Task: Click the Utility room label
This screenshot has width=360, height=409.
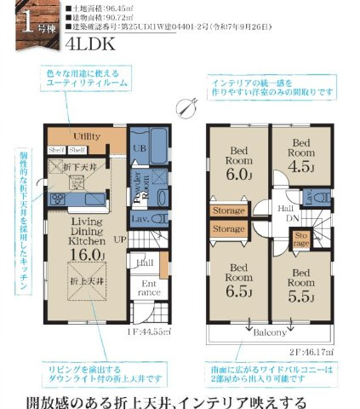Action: [87, 136]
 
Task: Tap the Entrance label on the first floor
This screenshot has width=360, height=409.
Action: [148, 288]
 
